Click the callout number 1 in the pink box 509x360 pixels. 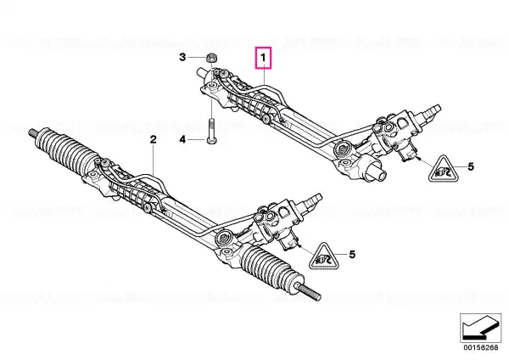point(263,58)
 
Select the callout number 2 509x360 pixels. point(153,139)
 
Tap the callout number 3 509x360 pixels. point(182,57)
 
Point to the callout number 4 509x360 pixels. point(182,140)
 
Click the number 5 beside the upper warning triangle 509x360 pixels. point(471,166)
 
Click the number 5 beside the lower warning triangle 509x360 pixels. point(352,254)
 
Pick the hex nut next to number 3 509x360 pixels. point(211,59)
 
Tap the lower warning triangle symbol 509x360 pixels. point(324,257)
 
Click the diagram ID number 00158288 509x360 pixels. point(481,347)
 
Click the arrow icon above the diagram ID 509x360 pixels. point(481,328)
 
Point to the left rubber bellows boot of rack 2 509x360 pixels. point(65,150)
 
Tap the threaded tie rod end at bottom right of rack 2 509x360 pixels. point(309,290)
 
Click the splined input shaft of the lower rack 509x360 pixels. point(311,200)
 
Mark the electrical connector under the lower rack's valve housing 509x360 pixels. point(289,242)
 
